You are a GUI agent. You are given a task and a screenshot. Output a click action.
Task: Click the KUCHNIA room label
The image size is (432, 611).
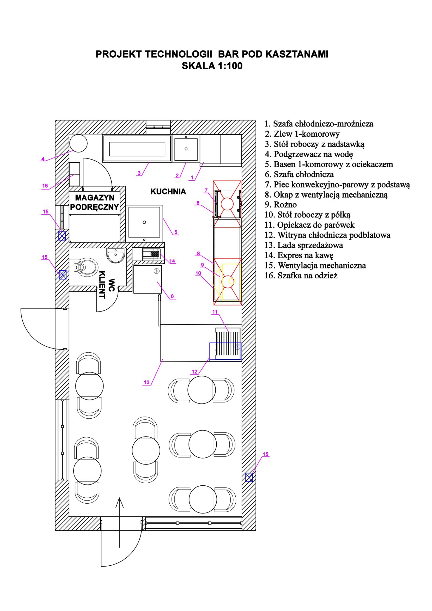tap(168, 192)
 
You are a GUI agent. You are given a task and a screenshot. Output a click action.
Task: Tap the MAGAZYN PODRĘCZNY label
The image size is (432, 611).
tap(94, 202)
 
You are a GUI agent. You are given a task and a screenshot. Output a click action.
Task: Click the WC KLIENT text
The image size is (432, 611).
tap(107, 285)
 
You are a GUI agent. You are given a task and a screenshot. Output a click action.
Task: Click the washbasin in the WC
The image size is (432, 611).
tap(115, 255)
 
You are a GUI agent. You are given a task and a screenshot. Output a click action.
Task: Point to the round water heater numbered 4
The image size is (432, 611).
tap(78, 143)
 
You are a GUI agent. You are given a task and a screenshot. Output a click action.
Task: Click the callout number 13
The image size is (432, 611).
tap(146, 382)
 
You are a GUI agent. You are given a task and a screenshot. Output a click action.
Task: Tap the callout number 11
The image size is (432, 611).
tap(215, 312)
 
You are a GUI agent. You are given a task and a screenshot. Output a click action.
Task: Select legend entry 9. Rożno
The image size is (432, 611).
tap(280, 205)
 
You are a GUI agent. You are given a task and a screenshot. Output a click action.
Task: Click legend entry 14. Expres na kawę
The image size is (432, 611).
tap(299, 255)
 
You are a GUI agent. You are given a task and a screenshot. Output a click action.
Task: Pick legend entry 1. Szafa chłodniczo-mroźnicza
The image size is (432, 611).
tap(319, 124)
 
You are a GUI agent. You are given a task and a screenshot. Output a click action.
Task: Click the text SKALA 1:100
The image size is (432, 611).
tap(212, 66)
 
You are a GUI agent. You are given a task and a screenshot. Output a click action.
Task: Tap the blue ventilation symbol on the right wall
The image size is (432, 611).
tap(249, 477)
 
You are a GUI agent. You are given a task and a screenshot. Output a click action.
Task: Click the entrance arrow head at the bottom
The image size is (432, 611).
tap(119, 502)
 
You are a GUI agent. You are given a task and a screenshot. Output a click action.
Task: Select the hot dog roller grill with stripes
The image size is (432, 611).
tap(228, 343)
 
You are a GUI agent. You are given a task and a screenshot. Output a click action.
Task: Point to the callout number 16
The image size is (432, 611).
tap(45, 186)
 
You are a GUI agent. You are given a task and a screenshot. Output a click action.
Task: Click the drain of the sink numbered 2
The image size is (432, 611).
tap(186, 149)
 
